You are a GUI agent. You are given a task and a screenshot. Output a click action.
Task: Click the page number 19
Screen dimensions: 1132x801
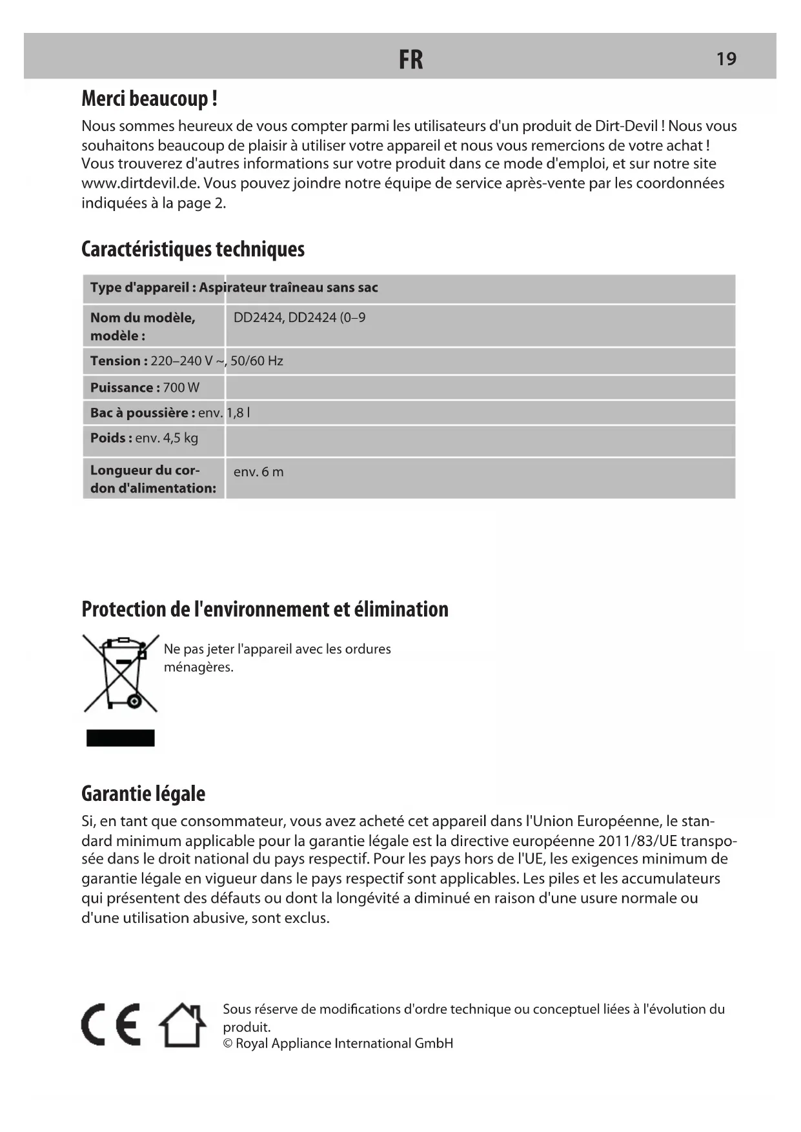tap(726, 59)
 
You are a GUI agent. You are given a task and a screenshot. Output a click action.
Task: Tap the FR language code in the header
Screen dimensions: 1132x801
tap(411, 59)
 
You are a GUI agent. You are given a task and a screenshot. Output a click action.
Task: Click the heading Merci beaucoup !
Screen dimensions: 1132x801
tap(149, 99)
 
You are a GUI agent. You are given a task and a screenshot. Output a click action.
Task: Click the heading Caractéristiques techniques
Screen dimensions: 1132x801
tap(193, 249)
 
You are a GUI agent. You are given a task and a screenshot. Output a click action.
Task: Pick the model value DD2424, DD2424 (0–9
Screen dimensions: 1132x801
tap(299, 318)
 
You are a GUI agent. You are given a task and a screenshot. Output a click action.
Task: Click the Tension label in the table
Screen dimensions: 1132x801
tap(119, 361)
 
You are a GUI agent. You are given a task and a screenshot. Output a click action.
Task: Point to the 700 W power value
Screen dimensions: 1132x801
tap(181, 388)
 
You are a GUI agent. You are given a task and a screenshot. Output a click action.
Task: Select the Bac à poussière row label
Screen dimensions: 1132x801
tap(142, 413)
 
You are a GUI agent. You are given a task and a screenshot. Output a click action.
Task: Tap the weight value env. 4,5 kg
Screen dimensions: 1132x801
tap(167, 438)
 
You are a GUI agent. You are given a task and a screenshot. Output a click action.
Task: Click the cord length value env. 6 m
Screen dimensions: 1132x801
tap(258, 472)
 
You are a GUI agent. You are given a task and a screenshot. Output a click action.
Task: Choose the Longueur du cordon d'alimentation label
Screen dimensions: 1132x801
tap(153, 479)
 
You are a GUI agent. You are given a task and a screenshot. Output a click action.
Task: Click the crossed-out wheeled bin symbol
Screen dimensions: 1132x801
tap(121, 672)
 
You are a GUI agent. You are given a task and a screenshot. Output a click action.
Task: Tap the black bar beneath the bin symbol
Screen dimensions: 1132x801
tap(121, 738)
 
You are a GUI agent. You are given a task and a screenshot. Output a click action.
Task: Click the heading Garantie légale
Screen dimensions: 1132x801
tap(143, 794)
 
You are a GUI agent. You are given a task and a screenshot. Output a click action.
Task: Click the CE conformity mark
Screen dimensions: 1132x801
tap(111, 1025)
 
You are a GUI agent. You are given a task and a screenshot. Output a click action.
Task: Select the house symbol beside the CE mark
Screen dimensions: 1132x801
tap(183, 1025)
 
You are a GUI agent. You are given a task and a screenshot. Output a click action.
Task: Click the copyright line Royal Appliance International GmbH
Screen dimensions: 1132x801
tap(338, 1044)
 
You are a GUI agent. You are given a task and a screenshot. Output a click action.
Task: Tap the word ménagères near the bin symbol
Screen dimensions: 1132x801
tap(198, 667)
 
